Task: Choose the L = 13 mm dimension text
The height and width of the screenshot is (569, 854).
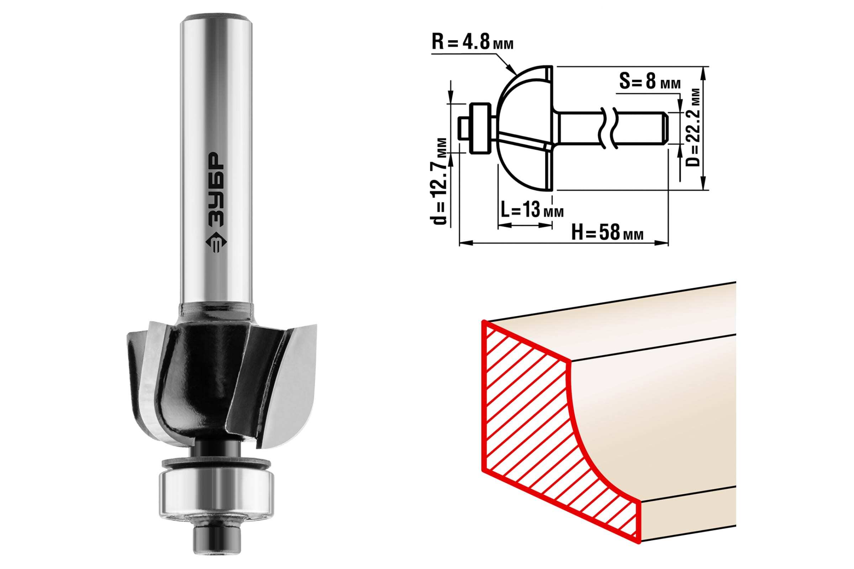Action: pyautogui.click(x=532, y=210)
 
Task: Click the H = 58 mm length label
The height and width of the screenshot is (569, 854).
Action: pyautogui.click(x=607, y=233)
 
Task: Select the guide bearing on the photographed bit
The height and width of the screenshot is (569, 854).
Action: pyautogui.click(x=216, y=496)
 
